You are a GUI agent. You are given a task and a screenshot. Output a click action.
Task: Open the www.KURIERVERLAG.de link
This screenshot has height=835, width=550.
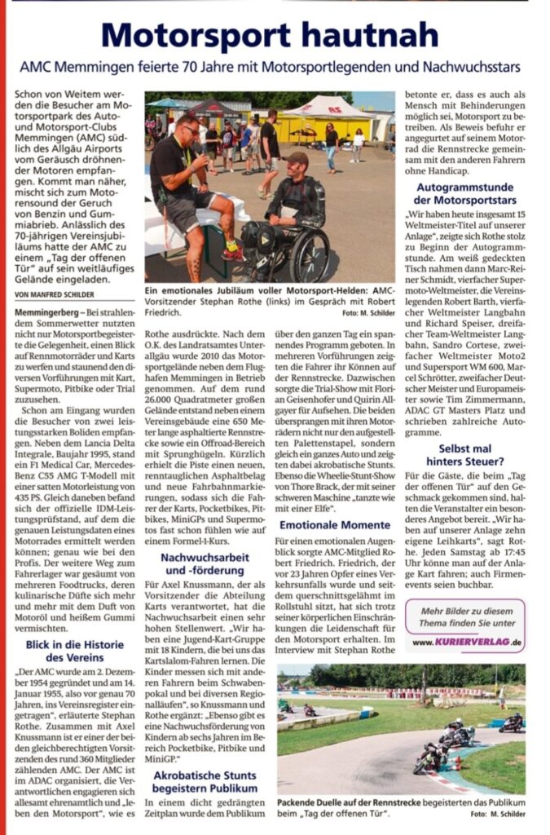pos(466,643)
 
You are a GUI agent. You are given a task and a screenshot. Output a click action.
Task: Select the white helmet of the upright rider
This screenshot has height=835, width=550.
pos(457,722)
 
